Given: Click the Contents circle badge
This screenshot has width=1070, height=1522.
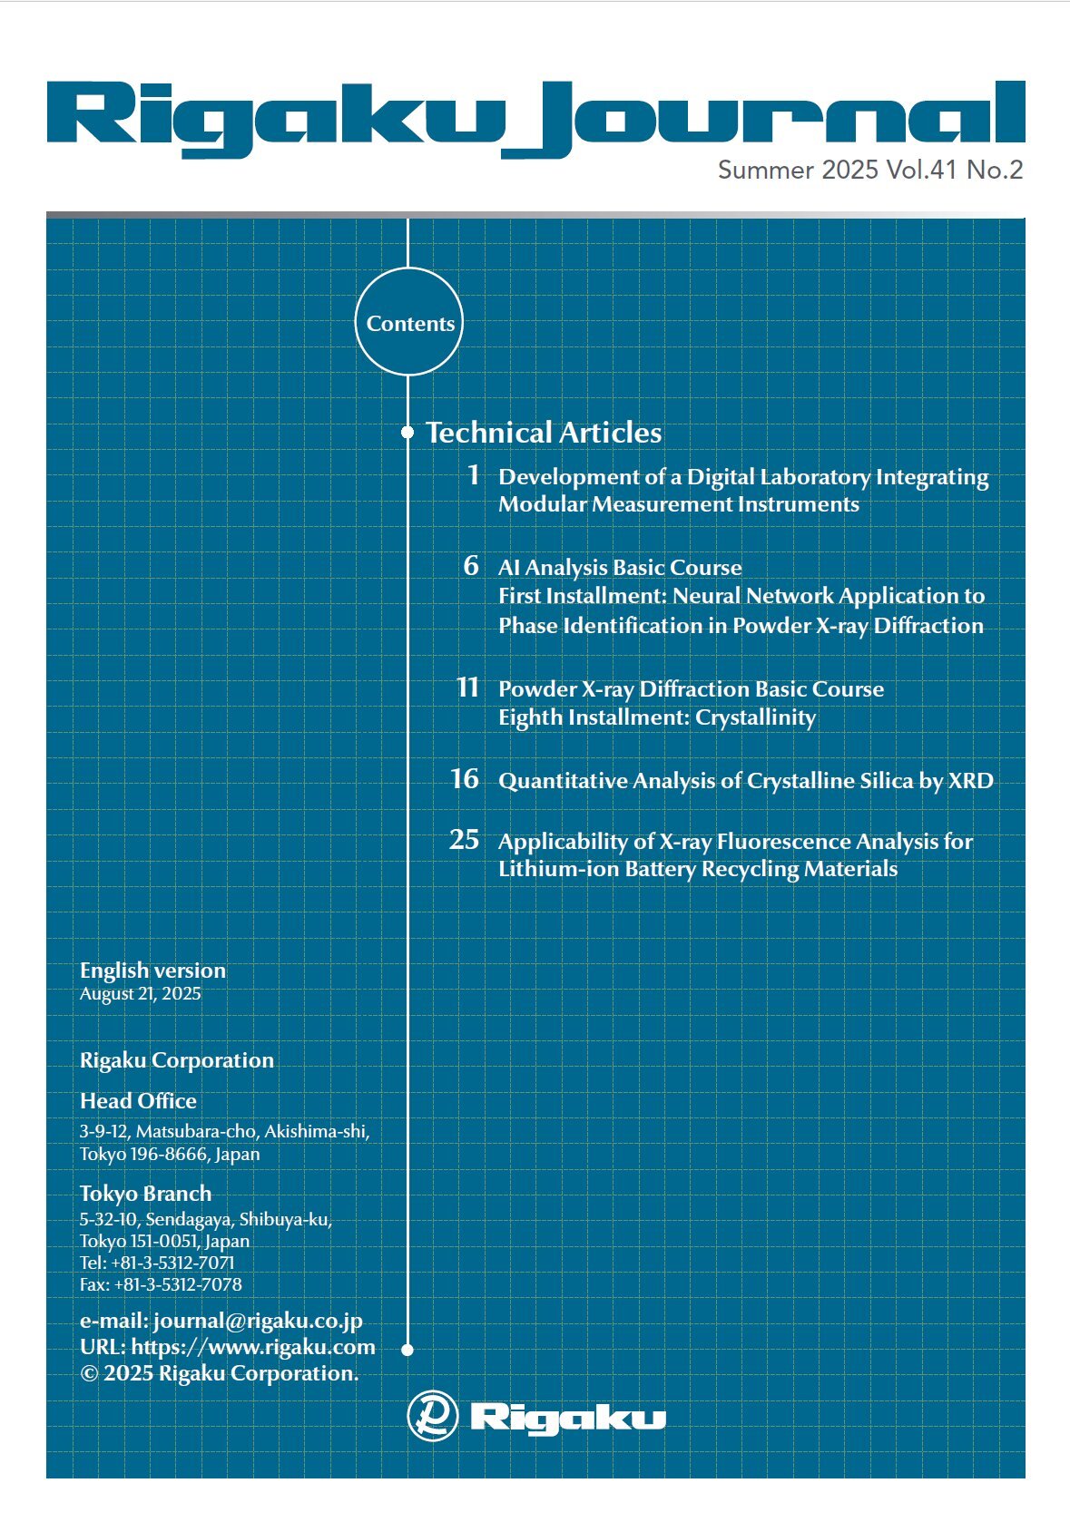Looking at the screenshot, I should click(x=408, y=322).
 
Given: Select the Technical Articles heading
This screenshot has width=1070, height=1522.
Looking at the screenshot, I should click(x=544, y=433).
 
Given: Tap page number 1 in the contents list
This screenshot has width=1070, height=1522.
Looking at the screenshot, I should click(x=473, y=474).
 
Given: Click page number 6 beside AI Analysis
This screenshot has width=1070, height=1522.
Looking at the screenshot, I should click(x=471, y=566).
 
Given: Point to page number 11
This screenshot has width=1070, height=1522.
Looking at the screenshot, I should click(x=467, y=687).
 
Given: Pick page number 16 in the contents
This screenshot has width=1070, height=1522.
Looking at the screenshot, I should click(x=465, y=779).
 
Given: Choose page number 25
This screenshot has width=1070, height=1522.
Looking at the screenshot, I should click(x=464, y=840).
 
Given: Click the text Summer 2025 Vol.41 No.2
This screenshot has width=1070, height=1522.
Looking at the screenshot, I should click(x=869, y=170).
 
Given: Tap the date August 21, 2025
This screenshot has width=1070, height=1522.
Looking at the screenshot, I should click(x=140, y=993).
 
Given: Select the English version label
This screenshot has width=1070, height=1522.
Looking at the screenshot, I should click(x=152, y=970).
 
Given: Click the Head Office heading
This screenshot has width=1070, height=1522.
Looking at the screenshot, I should click(x=138, y=1100).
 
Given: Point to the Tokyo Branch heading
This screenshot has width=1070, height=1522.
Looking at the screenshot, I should click(x=145, y=1193).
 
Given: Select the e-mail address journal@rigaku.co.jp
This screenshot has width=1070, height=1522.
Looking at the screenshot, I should click(x=258, y=1321).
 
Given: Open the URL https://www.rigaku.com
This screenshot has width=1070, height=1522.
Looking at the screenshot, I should click(x=253, y=1347).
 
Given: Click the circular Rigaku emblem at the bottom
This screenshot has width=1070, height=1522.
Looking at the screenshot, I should click(x=432, y=1416).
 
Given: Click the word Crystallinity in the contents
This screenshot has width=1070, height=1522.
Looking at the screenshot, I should click(x=755, y=717).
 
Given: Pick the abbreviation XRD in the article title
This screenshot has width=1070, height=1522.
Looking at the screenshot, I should click(x=970, y=781).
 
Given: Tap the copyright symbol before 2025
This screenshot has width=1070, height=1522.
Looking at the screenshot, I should click(x=89, y=1373).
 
